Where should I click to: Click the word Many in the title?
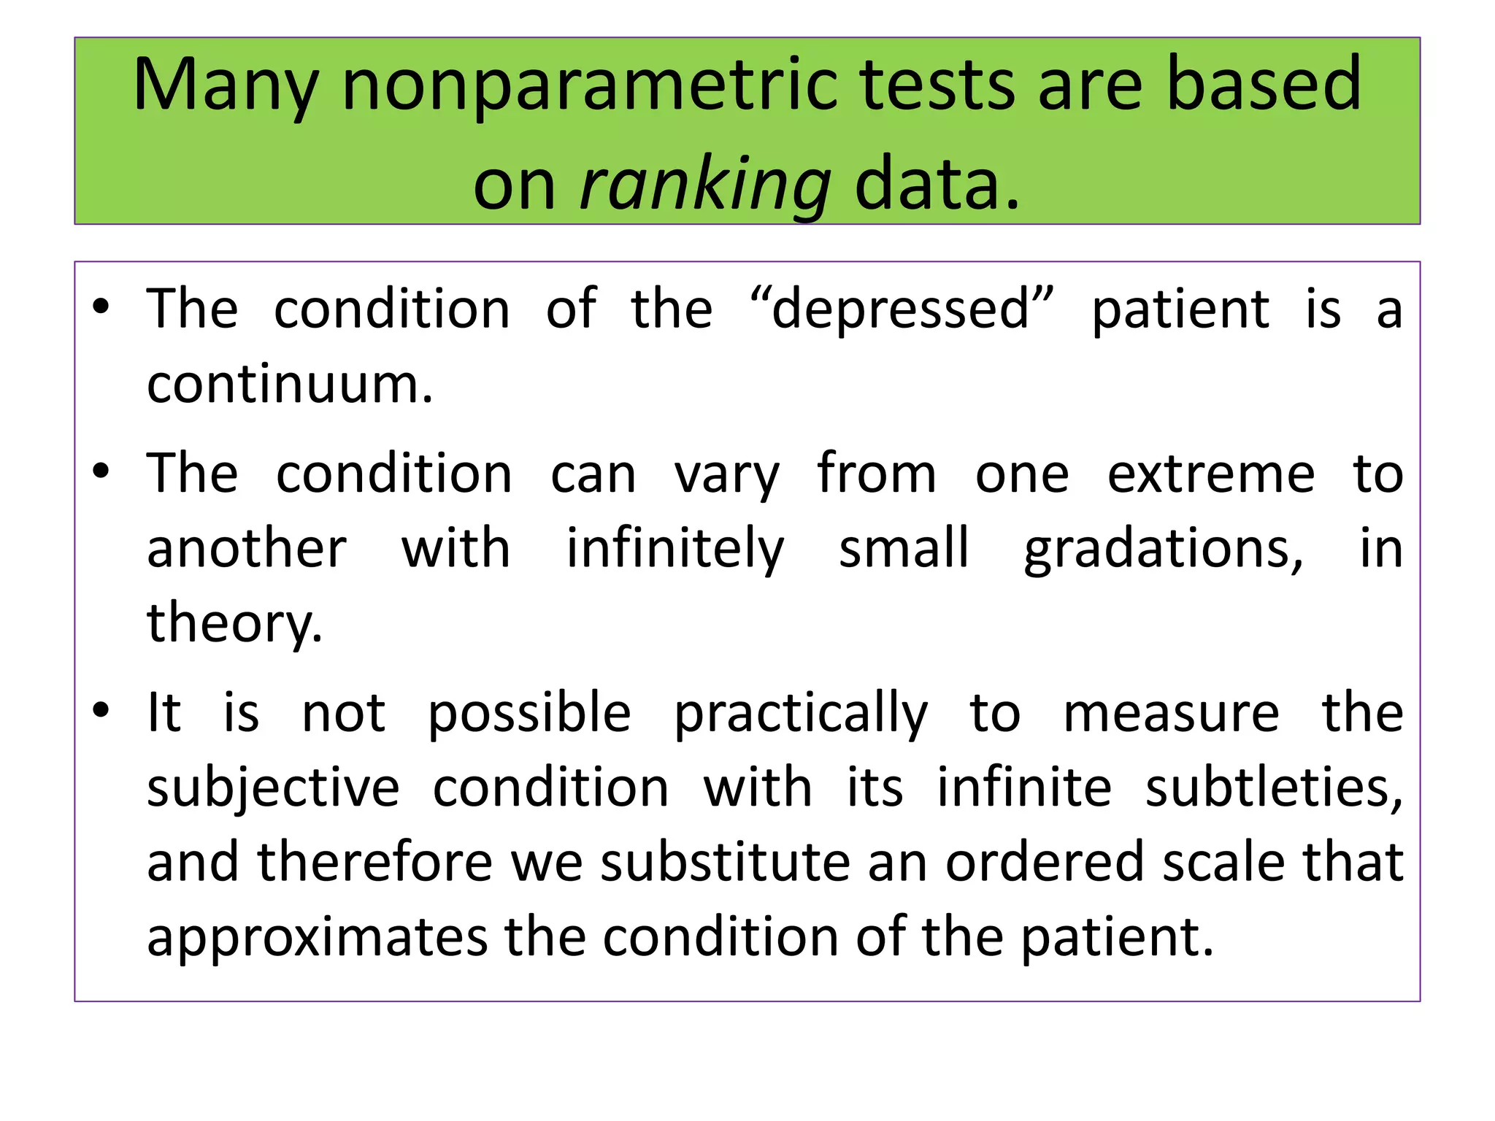pos(226,86)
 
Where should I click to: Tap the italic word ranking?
pos(705,184)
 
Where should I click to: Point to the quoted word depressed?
pos(902,309)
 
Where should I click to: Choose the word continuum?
pos(290,384)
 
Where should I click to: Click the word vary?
pos(726,475)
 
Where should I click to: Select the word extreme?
pos(1211,474)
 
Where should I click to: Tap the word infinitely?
pos(675,549)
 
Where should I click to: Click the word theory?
pos(234,624)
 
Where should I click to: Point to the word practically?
pos(801,714)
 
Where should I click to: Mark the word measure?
pos(1171,713)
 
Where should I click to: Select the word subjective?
pos(273,788)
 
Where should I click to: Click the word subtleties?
pos(1274,788)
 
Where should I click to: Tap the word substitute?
pos(726,862)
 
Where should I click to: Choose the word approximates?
pos(317,937)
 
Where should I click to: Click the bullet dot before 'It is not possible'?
pos(101,709)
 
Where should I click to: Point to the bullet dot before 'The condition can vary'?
pos(101,471)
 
